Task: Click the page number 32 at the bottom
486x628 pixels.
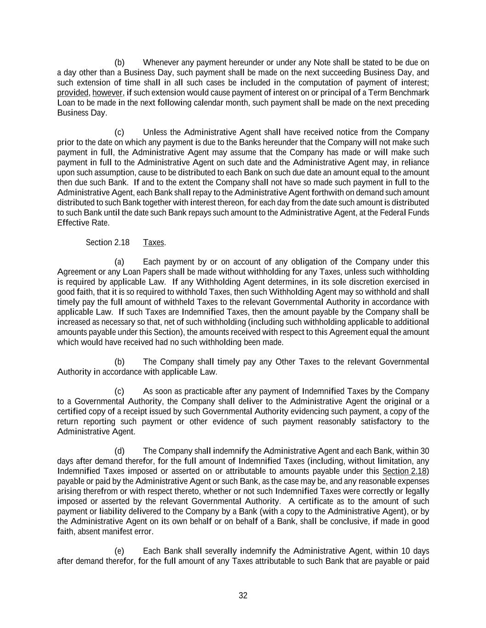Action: click(243, 596)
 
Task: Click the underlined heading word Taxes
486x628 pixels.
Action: click(154, 242)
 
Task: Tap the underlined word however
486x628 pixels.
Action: click(108, 93)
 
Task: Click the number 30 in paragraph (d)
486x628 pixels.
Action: click(425, 451)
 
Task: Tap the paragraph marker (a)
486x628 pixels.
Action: click(120, 262)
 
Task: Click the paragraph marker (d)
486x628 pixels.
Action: click(120, 451)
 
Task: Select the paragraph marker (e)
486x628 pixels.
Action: click(120, 551)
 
